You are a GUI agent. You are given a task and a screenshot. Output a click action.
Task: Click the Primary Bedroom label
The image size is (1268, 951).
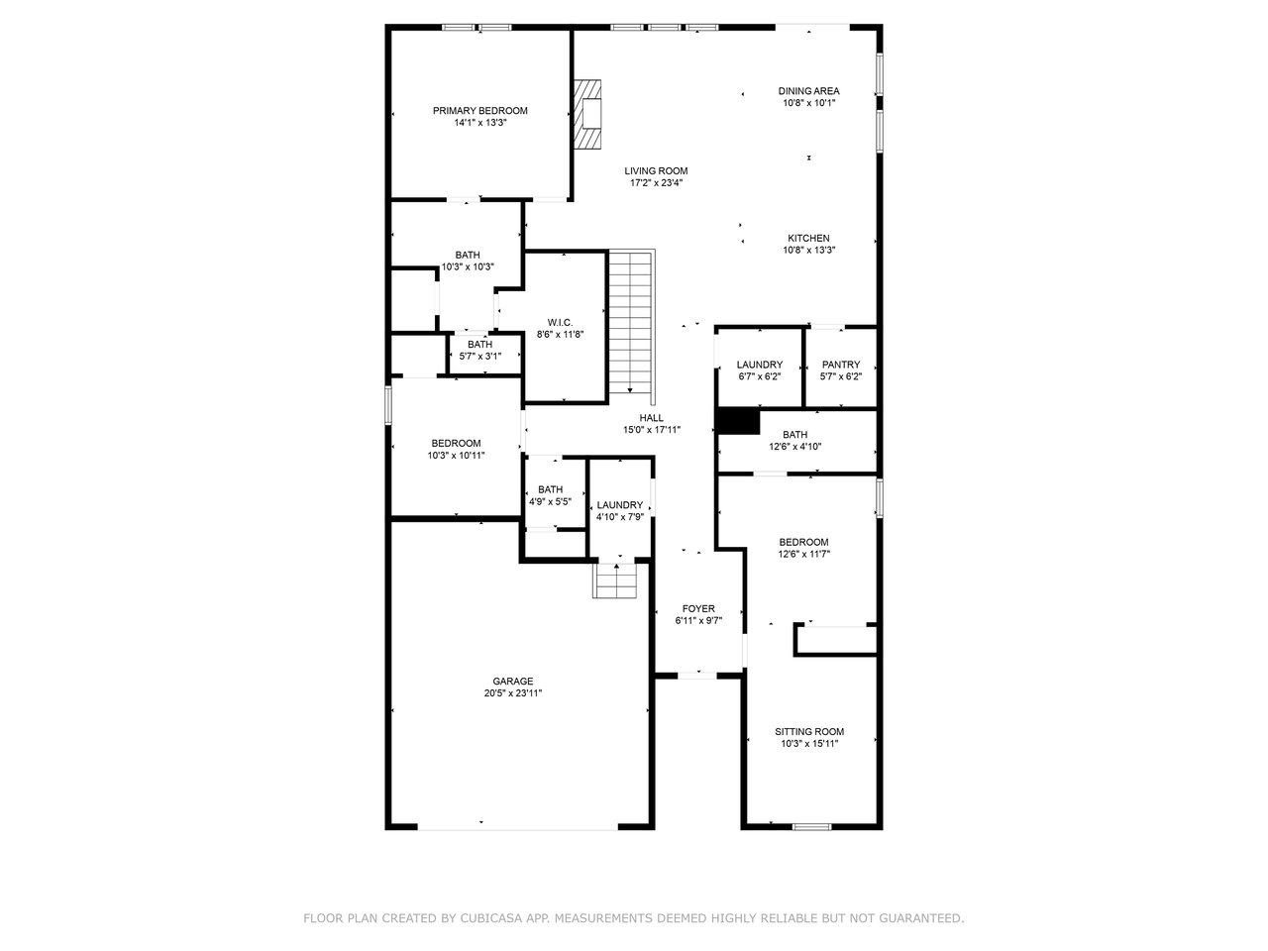click(x=479, y=110)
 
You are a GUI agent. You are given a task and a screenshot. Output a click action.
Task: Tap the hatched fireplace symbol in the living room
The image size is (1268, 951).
click(x=586, y=114)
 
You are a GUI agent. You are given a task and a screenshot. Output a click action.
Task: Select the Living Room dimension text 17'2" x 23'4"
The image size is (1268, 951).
click(x=656, y=183)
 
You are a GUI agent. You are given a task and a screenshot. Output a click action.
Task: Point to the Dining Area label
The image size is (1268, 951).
click(x=808, y=91)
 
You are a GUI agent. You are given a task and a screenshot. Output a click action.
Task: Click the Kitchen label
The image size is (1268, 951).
click(x=808, y=238)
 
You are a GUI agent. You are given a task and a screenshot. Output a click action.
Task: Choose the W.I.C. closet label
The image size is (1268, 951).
click(x=560, y=322)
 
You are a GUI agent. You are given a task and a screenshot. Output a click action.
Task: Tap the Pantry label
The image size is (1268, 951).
click(x=840, y=365)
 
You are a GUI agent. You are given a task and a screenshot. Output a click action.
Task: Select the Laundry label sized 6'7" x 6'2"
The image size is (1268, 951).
click(x=759, y=365)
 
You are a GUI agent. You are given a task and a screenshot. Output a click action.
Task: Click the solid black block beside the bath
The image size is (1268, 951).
click(x=738, y=421)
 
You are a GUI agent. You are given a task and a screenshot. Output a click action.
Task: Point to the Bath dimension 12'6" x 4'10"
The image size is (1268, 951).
click(x=794, y=447)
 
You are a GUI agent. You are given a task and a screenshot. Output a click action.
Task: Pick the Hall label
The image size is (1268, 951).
click(x=651, y=418)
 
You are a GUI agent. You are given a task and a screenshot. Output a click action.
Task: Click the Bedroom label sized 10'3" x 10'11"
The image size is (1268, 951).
click(x=456, y=444)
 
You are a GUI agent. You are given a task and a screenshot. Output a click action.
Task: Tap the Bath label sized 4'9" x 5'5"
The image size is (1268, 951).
click(x=550, y=489)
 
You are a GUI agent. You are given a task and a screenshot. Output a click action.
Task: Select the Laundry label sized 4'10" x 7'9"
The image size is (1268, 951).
click(x=619, y=504)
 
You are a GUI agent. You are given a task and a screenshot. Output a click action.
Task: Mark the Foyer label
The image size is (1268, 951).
click(x=697, y=608)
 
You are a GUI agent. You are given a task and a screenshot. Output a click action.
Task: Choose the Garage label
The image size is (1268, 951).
click(x=512, y=682)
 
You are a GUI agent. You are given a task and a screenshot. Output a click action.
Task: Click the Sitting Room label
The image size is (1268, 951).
click(x=808, y=732)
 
